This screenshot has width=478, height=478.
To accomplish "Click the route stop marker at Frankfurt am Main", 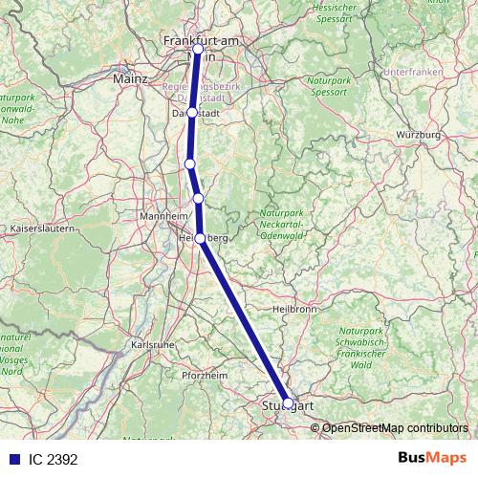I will point(198,49).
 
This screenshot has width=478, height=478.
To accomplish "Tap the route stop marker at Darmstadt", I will point(192,112).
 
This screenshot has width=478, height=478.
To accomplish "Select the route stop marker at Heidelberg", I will point(200,239).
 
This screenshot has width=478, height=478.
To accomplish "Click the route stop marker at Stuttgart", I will point(288,403).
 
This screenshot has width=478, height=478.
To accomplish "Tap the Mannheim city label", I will point(162,216).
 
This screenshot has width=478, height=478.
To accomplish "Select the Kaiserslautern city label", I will point(39,230).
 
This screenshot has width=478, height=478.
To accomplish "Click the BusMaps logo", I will point(431,459).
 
